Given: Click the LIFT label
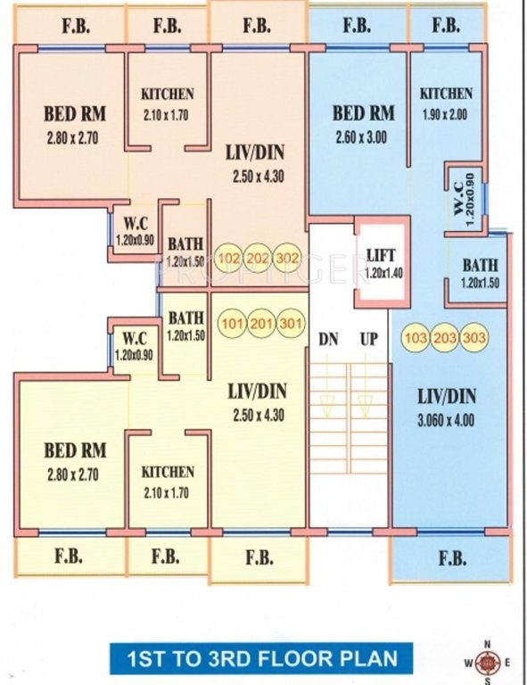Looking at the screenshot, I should click(x=381, y=255).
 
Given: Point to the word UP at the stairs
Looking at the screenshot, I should click(x=367, y=340).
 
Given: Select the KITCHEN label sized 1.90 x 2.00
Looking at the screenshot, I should click(x=446, y=94).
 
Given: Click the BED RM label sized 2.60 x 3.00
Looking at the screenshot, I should click(x=363, y=114).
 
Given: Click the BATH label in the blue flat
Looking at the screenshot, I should click(x=480, y=265).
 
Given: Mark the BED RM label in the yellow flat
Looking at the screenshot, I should click(x=76, y=450).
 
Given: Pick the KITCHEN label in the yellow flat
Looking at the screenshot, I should click(x=168, y=472).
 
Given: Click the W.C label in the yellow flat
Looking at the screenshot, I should click(x=134, y=339).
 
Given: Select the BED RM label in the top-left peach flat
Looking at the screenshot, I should click(x=75, y=114).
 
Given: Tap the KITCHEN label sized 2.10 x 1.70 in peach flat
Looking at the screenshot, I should click(x=168, y=94).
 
